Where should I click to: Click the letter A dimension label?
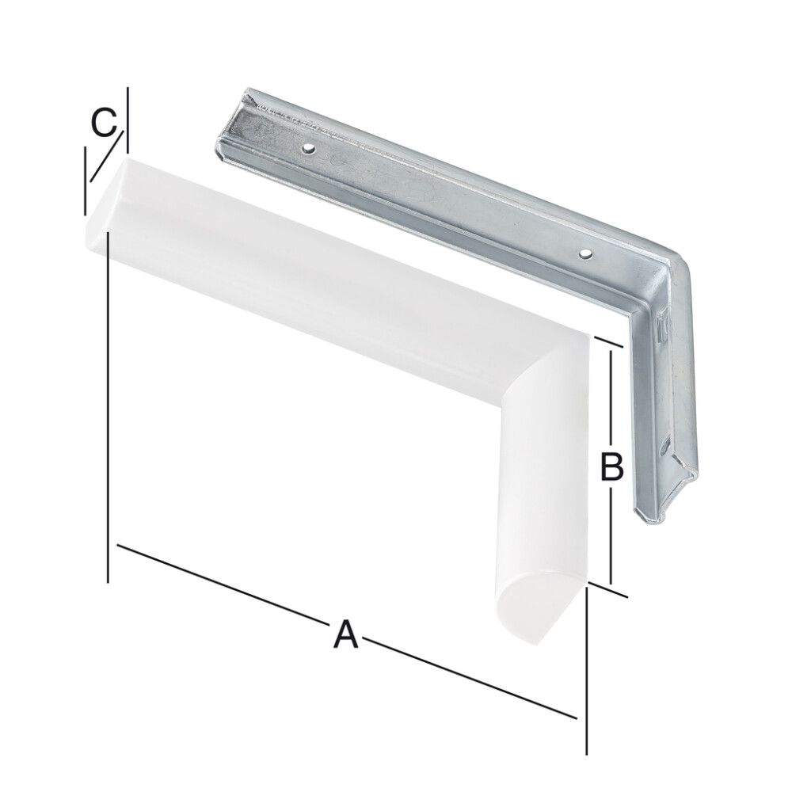(345, 634)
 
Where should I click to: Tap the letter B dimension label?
(612, 466)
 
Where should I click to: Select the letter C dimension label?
(103, 124)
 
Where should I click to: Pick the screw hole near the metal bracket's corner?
(584, 254)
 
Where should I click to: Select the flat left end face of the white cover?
(102, 202)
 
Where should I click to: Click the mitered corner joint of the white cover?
(546, 364)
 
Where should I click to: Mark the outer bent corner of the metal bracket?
(681, 265)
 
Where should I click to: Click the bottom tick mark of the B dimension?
(611, 588)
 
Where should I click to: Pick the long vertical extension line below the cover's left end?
(107, 412)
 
